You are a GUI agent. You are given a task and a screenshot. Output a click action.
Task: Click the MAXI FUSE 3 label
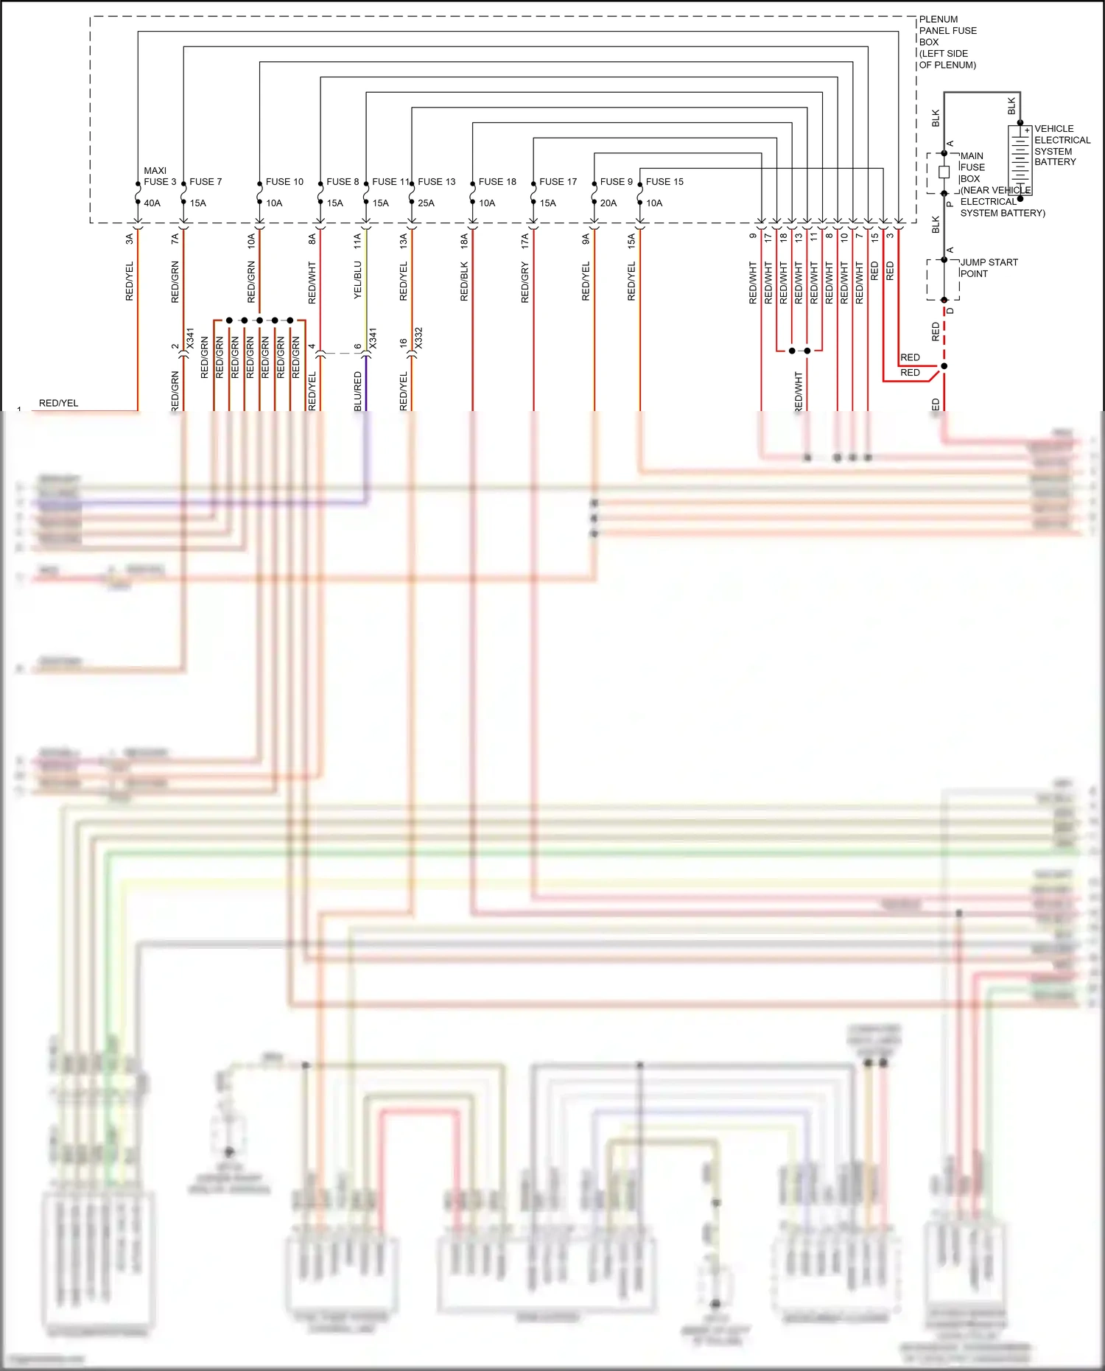click(x=159, y=176)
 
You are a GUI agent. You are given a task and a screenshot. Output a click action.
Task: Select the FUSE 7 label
click(x=206, y=182)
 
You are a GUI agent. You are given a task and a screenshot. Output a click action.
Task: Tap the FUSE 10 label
click(x=284, y=182)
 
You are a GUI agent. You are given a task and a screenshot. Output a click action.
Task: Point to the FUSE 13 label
click(x=437, y=182)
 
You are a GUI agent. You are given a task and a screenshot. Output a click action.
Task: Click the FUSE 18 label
click(x=497, y=182)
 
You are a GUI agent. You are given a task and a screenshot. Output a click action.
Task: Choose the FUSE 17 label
click(x=558, y=182)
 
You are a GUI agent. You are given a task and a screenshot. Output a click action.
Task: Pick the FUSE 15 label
click(x=664, y=182)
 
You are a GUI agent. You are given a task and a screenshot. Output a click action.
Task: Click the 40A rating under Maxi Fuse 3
click(x=152, y=203)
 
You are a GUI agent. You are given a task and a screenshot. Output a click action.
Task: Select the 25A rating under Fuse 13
click(x=426, y=203)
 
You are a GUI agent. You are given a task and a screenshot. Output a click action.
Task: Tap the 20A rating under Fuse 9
click(x=608, y=203)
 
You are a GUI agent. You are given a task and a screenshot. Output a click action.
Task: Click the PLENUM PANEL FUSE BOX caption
click(x=947, y=42)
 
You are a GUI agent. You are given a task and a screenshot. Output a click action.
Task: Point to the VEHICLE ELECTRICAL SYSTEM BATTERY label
click(x=1062, y=145)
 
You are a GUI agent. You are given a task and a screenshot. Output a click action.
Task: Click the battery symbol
click(x=1020, y=160)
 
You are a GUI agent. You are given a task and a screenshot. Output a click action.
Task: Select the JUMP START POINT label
click(x=989, y=268)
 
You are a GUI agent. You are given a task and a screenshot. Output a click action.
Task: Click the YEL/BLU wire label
click(x=357, y=280)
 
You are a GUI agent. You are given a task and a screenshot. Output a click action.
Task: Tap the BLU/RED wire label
click(x=357, y=390)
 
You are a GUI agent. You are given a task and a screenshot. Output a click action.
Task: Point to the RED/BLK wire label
click(x=464, y=281)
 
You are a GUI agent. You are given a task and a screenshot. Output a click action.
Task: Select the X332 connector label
click(x=418, y=339)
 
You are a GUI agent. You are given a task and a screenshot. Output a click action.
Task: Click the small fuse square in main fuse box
click(x=944, y=172)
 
